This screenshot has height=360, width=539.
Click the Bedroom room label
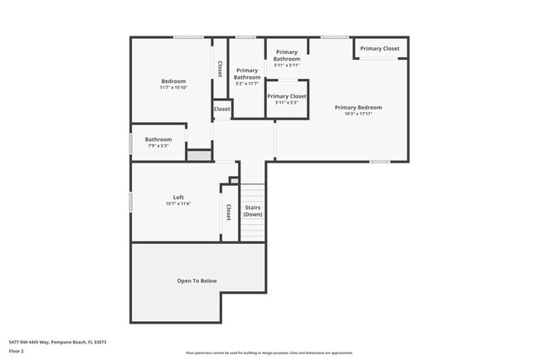tap(172, 80)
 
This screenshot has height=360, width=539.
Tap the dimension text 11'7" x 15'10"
tap(173, 87)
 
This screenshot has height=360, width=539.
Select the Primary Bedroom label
tap(358, 107)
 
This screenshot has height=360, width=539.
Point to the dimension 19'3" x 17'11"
tap(358, 114)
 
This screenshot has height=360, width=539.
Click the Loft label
tap(178, 197)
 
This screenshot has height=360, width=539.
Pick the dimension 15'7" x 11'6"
tap(178, 203)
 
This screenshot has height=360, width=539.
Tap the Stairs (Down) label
tap(253, 211)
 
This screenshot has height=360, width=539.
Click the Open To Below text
tap(197, 280)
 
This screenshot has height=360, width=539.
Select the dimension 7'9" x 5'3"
tap(158, 146)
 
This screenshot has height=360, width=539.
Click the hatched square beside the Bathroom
tap(199, 154)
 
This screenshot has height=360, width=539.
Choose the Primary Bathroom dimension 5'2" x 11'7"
tap(247, 84)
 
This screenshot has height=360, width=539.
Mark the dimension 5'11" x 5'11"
tap(286, 66)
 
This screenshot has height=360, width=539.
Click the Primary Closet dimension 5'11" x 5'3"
tap(286, 103)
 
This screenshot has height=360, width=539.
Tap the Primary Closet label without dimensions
tap(380, 49)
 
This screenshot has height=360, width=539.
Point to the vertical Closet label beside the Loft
tap(229, 213)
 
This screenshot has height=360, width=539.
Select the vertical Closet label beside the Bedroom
tap(220, 70)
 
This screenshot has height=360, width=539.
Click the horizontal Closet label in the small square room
tap(222, 109)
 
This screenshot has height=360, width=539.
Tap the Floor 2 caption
tap(17, 352)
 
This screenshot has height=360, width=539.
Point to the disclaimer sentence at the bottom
tap(269, 353)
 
